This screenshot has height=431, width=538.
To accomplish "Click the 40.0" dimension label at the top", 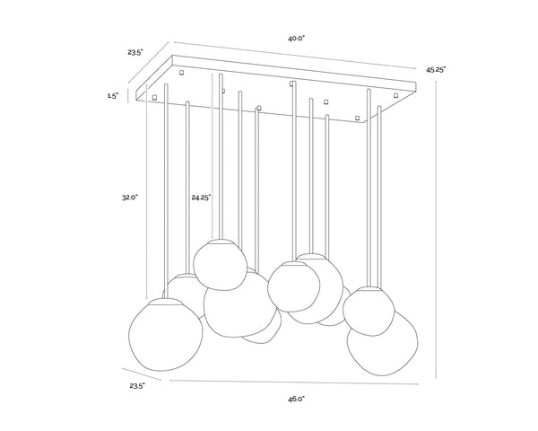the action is click(x=297, y=39).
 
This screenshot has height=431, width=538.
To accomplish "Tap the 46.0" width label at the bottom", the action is click(x=297, y=399).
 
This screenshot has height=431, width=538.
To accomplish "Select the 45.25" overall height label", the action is click(x=436, y=70).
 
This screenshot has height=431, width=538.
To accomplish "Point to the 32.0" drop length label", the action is click(x=129, y=198).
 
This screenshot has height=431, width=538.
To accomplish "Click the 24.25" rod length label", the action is click(x=201, y=198).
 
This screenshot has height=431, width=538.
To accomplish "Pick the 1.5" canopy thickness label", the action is click(x=113, y=96).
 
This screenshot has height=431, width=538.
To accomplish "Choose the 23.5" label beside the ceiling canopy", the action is click(x=135, y=53).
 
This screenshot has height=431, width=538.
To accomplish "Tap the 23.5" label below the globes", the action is click(x=137, y=386).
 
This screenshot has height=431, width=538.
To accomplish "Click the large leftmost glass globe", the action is click(x=165, y=334).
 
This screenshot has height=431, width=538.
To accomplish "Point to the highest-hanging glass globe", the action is click(x=221, y=265).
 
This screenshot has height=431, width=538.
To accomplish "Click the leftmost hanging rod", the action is click(x=167, y=190).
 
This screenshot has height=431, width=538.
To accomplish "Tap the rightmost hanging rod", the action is click(x=379, y=197).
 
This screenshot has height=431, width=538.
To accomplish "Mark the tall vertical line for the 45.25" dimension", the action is click(x=436, y=230).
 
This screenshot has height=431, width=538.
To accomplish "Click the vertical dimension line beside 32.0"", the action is click(x=146, y=191).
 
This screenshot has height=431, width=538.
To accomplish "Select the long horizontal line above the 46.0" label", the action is click(x=294, y=382).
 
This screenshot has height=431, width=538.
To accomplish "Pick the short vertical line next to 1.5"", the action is click(x=128, y=96).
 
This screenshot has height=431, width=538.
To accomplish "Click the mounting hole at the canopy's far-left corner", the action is click(x=154, y=97).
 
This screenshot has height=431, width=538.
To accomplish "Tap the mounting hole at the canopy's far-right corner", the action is click(x=396, y=94).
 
